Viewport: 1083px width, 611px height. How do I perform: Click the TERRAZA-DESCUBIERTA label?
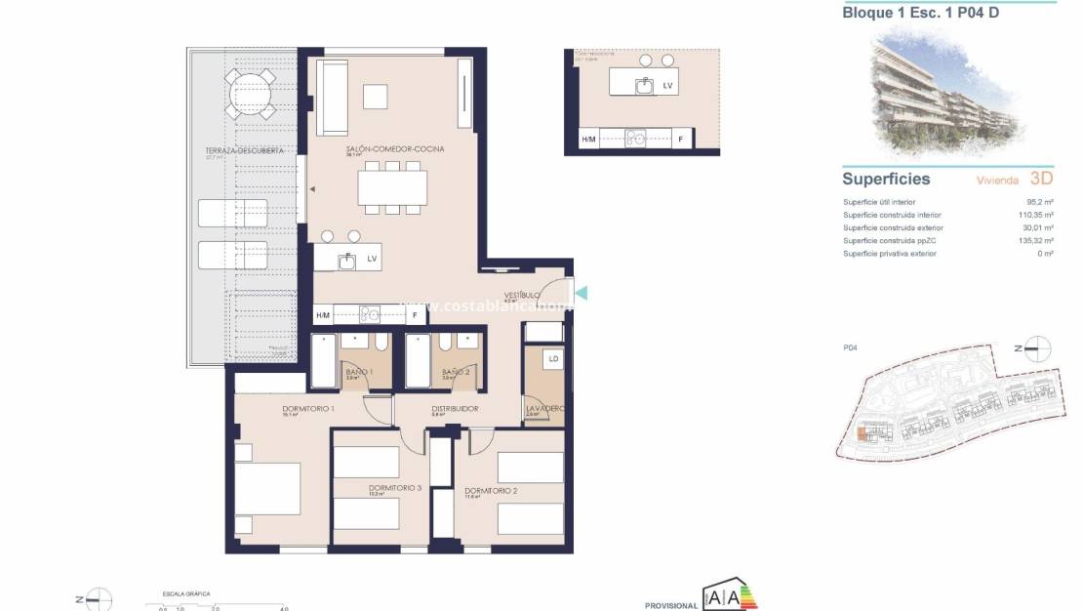[244, 151]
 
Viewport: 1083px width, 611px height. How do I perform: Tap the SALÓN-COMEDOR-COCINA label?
[395, 149]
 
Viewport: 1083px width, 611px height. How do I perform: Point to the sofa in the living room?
[330, 98]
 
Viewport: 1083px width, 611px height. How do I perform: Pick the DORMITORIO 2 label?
[490, 491]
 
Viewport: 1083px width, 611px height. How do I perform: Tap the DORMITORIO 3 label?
[395, 488]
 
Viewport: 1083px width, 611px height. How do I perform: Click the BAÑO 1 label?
[359, 372]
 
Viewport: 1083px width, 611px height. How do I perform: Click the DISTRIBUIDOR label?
[455, 409]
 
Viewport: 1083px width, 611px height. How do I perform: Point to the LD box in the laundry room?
[553, 359]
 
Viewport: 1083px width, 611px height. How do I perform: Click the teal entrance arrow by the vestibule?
[582, 292]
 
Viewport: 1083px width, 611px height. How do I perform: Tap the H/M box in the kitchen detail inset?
[588, 140]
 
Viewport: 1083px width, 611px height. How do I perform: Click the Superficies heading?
[886, 179]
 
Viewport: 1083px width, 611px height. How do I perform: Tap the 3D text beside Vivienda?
[1041, 179]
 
